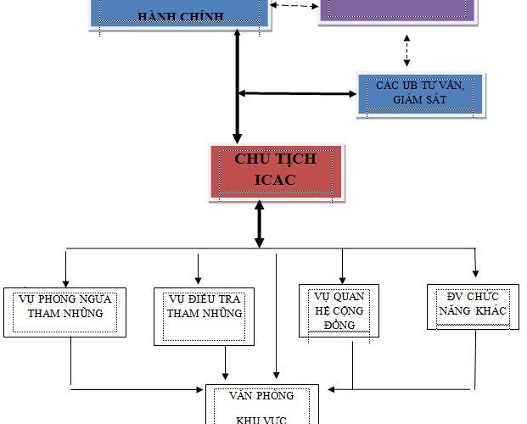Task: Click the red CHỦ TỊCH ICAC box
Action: (277, 172)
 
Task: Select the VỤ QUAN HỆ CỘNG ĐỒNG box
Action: (339, 310)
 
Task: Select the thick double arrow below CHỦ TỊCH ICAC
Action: (260, 225)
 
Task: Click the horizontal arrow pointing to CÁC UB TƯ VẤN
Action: (297, 92)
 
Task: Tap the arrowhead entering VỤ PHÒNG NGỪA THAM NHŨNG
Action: (66, 282)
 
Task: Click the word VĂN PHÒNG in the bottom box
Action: (261, 396)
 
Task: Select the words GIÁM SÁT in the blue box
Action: (421, 103)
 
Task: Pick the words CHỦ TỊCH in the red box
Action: (277, 159)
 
